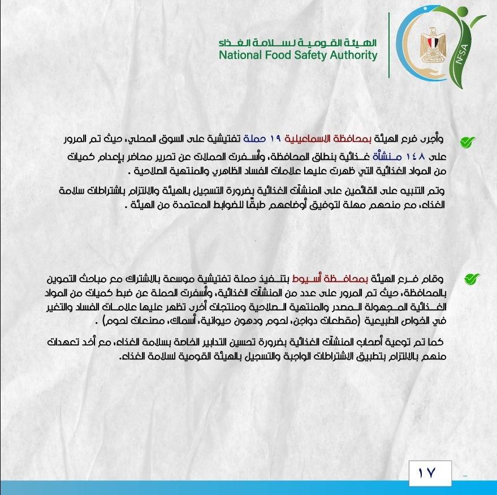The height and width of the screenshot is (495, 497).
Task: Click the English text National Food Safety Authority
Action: click(x=298, y=55)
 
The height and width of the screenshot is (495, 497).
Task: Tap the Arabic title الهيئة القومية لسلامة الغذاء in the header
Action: click(x=298, y=42)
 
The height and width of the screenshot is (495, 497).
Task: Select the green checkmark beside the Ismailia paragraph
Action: click(x=466, y=142)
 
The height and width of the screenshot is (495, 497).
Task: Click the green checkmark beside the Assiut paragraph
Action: click(x=471, y=279)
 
